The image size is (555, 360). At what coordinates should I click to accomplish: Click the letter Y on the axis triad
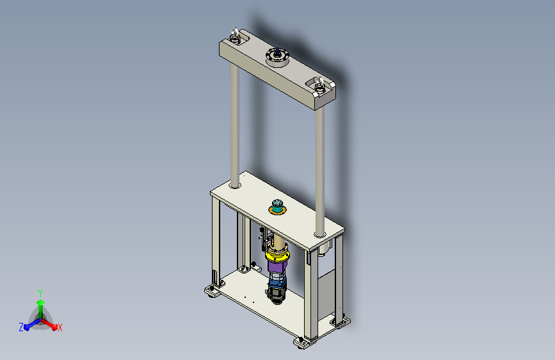40,293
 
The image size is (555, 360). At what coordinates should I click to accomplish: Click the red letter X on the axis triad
60,327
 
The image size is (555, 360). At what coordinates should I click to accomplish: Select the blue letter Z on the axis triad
21,327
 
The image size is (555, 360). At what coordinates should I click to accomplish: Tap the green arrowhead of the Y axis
41,303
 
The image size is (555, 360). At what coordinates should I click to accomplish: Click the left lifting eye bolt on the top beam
235,36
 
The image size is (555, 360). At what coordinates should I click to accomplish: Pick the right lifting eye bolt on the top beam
319,85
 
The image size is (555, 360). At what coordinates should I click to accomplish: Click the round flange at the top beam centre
278,57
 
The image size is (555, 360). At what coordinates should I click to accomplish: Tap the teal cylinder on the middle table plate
277,206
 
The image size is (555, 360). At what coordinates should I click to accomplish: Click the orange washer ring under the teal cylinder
277,211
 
